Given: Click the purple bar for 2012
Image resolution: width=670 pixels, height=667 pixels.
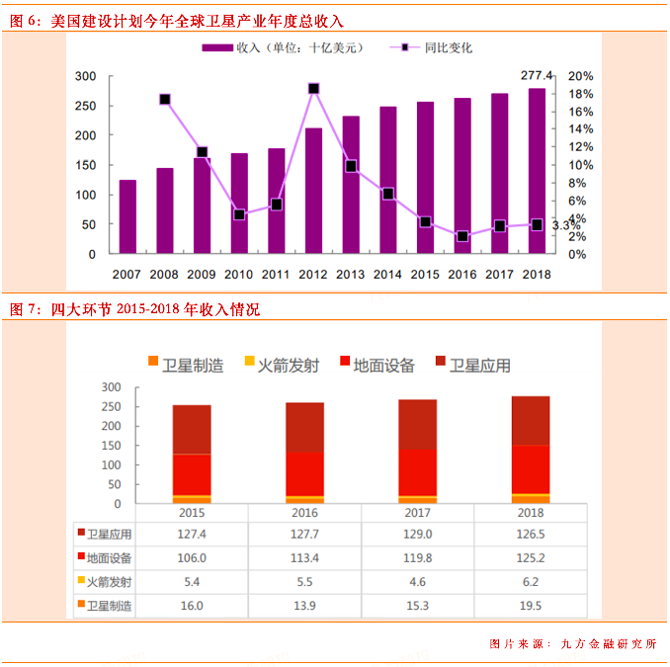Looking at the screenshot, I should [x=313, y=191].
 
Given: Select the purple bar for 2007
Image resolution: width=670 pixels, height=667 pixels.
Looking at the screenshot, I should [x=127, y=216].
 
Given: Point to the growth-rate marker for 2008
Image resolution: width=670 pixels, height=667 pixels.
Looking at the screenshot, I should [x=165, y=99].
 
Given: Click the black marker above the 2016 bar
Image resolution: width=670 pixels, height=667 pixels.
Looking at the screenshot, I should [x=462, y=236].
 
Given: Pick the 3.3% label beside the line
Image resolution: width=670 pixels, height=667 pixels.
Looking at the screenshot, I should [x=565, y=225].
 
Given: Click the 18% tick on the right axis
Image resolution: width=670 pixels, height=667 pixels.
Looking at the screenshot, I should [x=581, y=94].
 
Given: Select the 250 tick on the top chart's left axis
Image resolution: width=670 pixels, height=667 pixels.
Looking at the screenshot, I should [x=86, y=106].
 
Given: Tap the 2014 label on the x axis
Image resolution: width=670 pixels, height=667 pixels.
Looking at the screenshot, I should [x=387, y=274].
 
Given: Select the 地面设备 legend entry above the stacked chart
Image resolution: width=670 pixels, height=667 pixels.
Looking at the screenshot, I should [x=383, y=366].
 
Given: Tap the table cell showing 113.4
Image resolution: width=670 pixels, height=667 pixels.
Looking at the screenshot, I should [x=304, y=557].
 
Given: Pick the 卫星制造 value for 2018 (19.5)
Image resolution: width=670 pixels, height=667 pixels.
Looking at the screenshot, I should [x=531, y=605].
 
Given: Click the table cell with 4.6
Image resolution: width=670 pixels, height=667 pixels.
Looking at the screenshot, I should [x=418, y=581].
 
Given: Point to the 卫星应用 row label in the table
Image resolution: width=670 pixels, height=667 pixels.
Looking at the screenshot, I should [x=109, y=535].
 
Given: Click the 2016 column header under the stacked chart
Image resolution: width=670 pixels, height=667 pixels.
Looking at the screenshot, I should [x=304, y=514].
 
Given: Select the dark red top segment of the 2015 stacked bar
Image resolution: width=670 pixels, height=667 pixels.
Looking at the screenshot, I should [x=192, y=429].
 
